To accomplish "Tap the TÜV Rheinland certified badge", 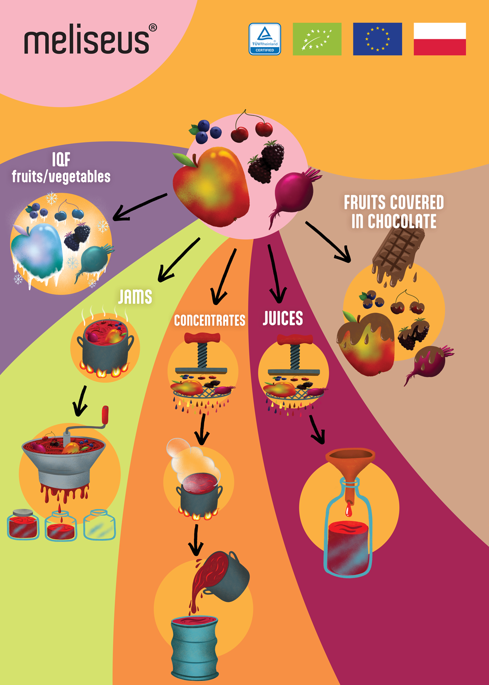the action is [x=264, y=39].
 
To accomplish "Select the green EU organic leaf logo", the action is [x=317, y=39].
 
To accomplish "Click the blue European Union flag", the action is [x=378, y=39].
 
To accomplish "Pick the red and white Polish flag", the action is [x=440, y=39].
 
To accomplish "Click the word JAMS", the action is [x=135, y=297].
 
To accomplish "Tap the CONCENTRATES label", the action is [x=210, y=320].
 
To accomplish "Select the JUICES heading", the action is [x=283, y=318].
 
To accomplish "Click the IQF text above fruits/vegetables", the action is [x=61, y=159].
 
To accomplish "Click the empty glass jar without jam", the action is [x=100, y=525].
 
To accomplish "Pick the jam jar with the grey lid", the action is [x=23, y=524].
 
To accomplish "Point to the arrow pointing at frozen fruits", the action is [x=140, y=207].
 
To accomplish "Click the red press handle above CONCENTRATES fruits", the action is [x=202, y=338].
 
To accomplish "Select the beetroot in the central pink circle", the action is [x=293, y=195].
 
